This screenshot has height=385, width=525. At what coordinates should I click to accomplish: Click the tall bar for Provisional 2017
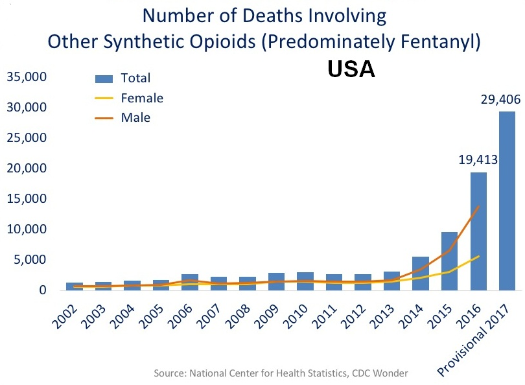(507, 201)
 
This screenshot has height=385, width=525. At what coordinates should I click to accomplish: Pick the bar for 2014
(421, 273)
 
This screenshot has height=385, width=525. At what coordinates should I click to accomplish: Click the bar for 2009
(277, 281)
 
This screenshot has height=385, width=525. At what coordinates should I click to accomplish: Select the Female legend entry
(141, 99)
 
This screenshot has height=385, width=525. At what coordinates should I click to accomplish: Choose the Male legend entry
(135, 118)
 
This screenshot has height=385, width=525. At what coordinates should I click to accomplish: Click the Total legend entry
(135, 78)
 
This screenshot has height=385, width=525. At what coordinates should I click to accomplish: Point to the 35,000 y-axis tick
(26, 77)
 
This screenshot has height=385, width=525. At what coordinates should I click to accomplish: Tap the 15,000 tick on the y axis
(26, 198)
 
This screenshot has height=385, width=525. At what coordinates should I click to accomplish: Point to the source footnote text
(281, 373)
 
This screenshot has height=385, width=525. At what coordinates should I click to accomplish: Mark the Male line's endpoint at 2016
(478, 207)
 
